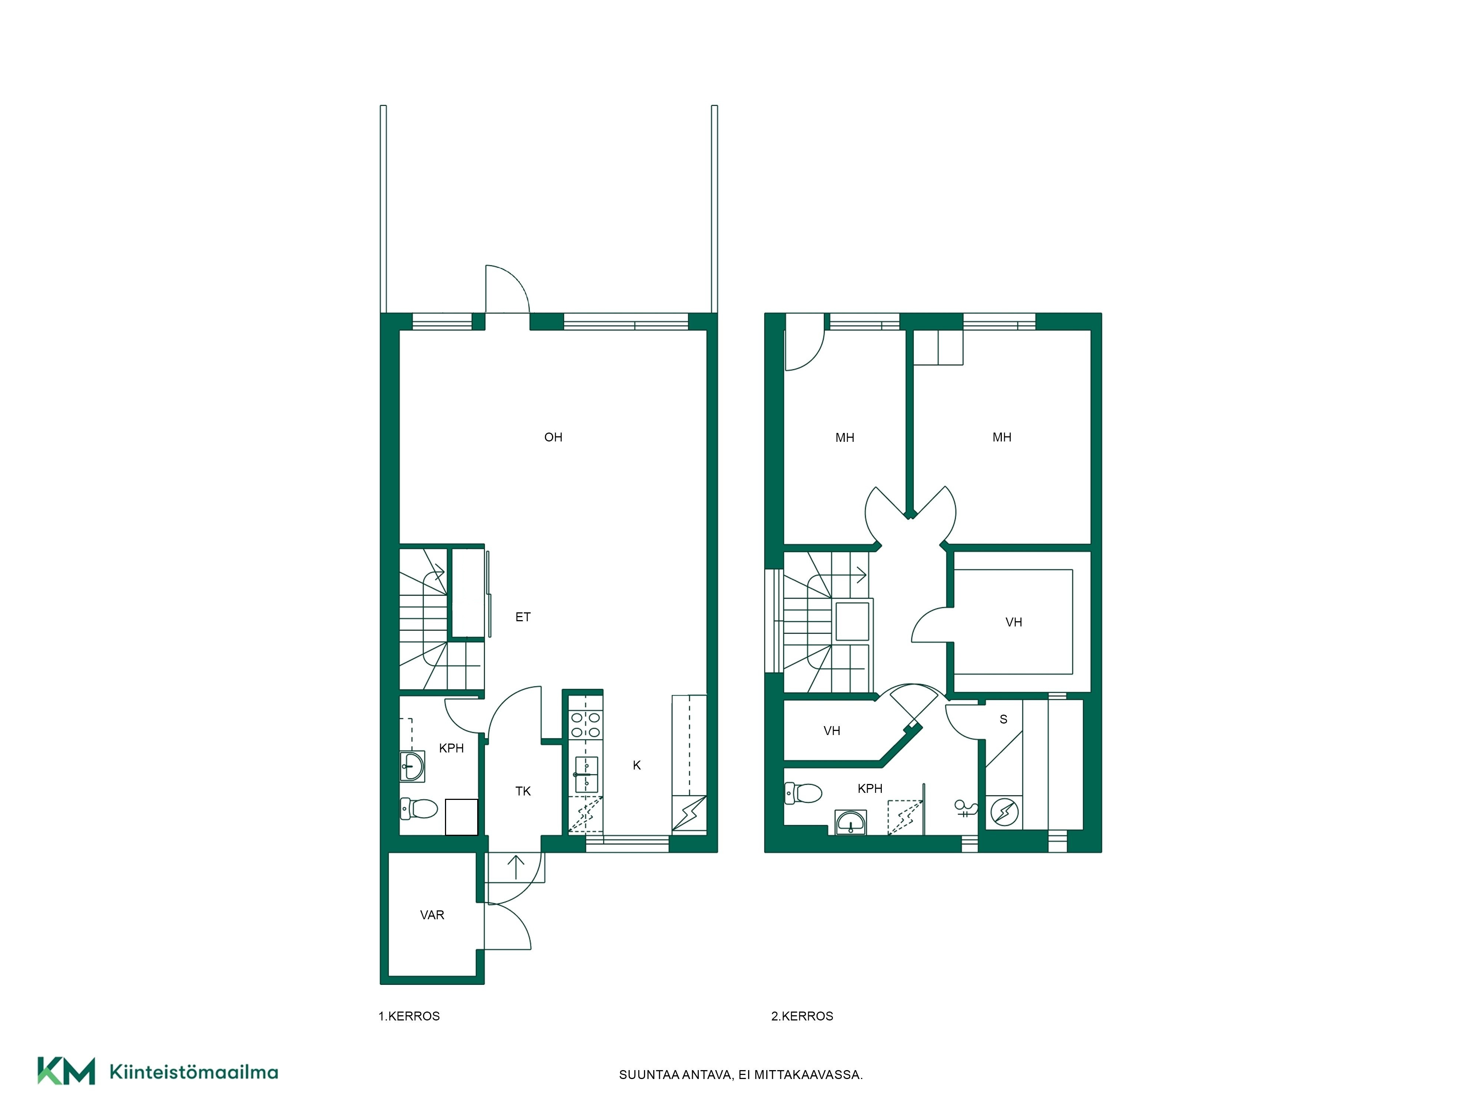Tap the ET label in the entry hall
tap(522, 617)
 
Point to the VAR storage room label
tap(432, 915)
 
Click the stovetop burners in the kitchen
tap(585, 725)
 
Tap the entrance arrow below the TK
tap(516, 867)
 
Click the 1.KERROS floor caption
tap(409, 1016)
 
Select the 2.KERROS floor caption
tap(802, 1016)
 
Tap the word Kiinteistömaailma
tap(194, 1072)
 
